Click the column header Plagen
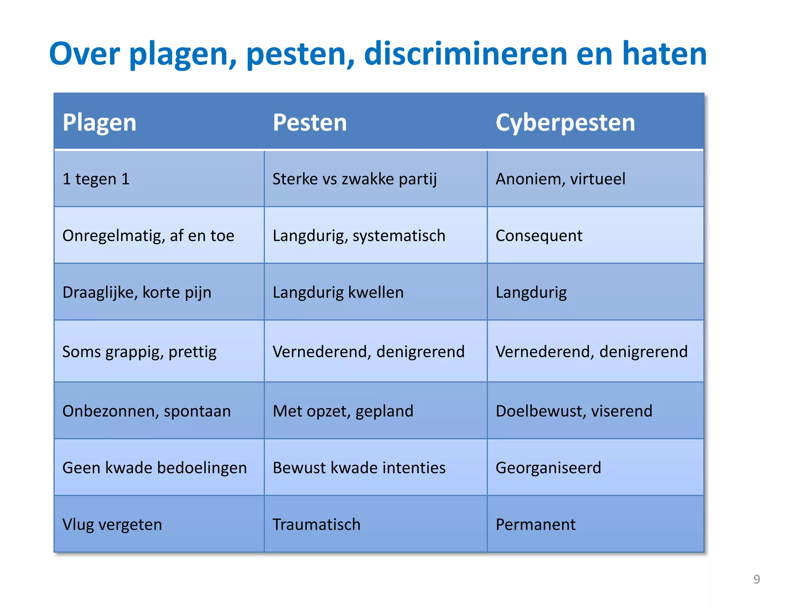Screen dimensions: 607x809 [100, 123]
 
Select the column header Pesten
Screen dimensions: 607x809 [310, 123]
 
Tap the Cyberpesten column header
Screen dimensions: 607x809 [565, 123]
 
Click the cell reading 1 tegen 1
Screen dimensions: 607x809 [96, 179]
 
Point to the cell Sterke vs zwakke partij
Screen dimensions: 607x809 [355, 179]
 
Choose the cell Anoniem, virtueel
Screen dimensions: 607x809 [561, 179]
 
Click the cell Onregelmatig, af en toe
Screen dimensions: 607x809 [148, 236]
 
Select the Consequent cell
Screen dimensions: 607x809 [539, 236]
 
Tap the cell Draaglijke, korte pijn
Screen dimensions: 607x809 [137, 292]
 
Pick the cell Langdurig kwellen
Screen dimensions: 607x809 [338, 292]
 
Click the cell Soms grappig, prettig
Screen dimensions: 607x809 [139, 351]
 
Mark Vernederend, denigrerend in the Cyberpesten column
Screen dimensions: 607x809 [591, 351]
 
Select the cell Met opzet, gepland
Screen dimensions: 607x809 [343, 411]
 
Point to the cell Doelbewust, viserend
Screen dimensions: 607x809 [574, 411]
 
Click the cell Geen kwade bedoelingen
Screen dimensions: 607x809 [154, 468]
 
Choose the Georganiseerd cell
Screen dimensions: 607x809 [548, 468]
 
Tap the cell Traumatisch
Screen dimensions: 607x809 [316, 524]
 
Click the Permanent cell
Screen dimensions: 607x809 [536, 524]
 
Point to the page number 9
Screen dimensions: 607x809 [756, 579]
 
